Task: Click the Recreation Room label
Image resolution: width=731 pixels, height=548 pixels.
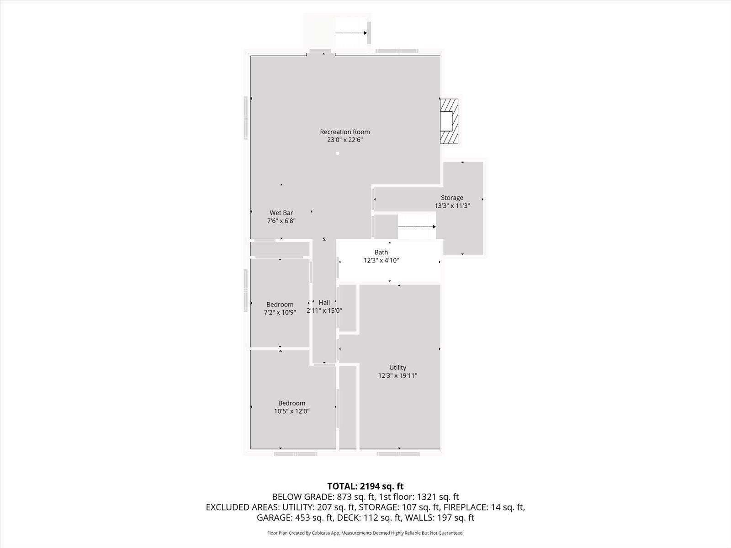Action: coord(344,132)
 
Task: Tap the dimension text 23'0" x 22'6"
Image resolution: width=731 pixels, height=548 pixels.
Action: coord(344,140)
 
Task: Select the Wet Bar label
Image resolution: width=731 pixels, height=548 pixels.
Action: coord(281,213)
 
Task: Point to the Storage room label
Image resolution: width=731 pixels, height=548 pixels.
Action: coord(452,198)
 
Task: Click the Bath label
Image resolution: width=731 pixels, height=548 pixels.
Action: coord(381,252)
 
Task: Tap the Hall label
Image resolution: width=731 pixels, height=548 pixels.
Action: coord(324,302)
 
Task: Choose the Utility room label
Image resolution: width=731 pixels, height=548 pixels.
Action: coord(397,368)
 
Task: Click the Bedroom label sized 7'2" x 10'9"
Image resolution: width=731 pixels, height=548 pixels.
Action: coord(280,305)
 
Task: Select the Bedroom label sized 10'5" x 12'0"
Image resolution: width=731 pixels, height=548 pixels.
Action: coord(292,403)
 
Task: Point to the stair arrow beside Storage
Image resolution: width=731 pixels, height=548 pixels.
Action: coord(417,227)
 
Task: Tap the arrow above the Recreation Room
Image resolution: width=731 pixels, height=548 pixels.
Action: coord(351,33)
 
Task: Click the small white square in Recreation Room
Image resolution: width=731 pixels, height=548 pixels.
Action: coord(337,153)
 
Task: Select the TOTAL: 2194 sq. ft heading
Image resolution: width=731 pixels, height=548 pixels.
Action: coord(365,486)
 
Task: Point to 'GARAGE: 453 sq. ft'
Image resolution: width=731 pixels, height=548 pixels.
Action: coord(295,518)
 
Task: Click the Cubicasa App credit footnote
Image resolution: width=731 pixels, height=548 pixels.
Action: coord(365,533)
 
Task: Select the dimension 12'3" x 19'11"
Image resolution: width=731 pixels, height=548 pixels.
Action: coord(397,376)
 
